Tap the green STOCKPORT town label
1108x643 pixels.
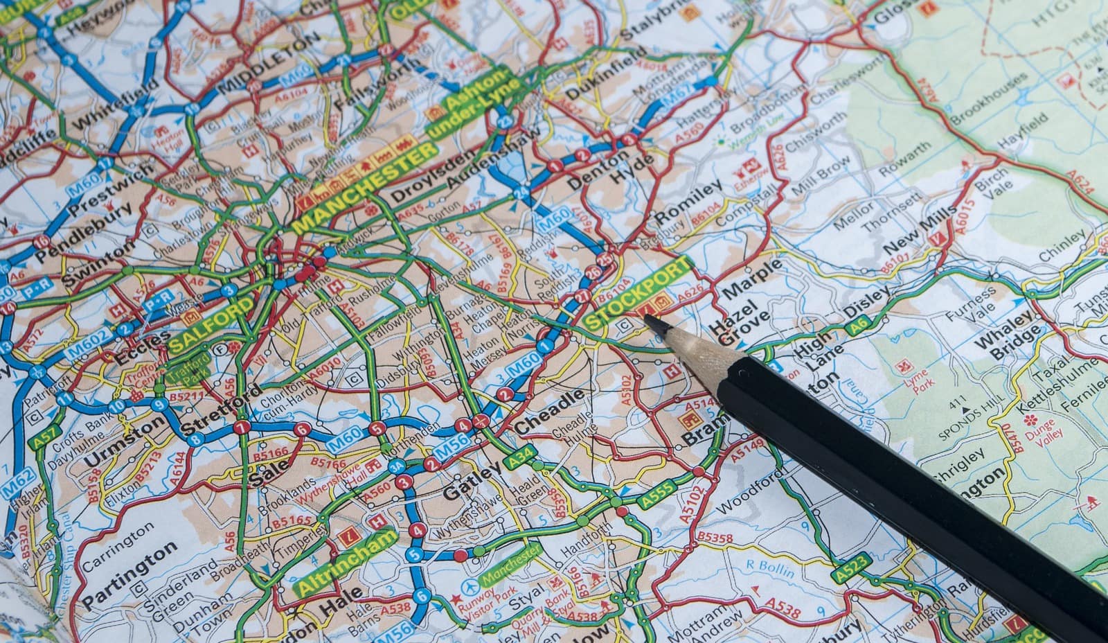(637, 293)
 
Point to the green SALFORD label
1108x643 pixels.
(211, 322)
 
